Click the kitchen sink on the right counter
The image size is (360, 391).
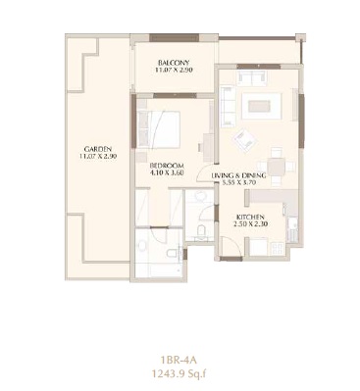point(290,234)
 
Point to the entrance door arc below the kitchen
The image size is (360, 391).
point(231,257)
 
